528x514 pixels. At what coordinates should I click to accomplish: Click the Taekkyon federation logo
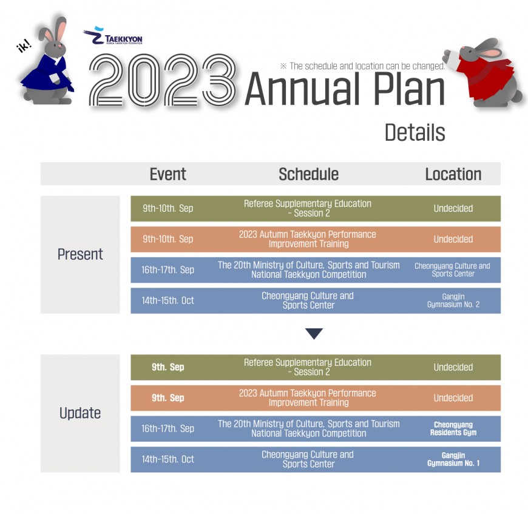point(113,36)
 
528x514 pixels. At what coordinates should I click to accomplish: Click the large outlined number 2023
point(163,80)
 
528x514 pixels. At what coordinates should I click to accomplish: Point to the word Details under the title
point(415,132)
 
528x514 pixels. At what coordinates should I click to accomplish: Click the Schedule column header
point(308,174)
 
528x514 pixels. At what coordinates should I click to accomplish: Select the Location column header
point(453,174)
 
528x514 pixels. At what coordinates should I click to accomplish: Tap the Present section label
point(80,254)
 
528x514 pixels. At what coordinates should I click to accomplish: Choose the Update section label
point(80,413)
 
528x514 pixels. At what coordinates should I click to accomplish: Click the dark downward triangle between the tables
point(314,333)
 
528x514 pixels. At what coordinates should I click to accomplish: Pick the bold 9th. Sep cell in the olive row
point(168,367)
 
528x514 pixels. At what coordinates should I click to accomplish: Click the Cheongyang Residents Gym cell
point(453,428)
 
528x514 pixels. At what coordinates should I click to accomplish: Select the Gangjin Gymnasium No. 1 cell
point(453,459)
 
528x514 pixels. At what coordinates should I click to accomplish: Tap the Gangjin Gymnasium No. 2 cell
point(453,300)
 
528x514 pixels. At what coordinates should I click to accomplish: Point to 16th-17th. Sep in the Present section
point(168,269)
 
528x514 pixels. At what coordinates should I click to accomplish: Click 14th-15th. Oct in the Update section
point(168,459)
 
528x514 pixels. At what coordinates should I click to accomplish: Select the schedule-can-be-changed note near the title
point(362,66)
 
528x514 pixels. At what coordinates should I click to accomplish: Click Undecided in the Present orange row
point(453,239)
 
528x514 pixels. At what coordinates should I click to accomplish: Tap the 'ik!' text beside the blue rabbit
point(24,46)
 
